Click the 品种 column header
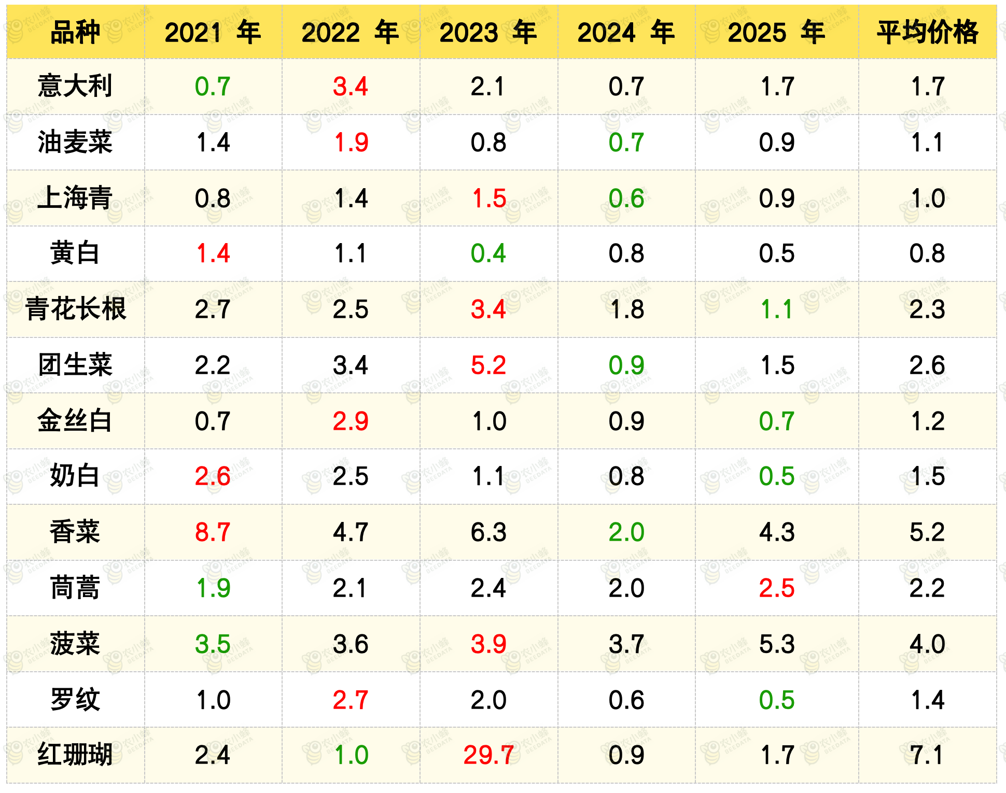[75, 32]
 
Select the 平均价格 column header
[927, 32]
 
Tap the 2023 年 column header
[488, 32]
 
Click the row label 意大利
[75, 86]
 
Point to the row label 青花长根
[76, 309]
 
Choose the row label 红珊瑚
[75, 754]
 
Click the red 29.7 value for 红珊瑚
[488, 755]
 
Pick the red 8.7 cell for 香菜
[213, 532]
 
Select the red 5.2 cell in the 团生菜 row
[488, 365]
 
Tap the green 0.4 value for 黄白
[488, 253]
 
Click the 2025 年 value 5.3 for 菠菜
[777, 644]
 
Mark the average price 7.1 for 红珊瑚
[927, 755]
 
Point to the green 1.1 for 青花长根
[777, 309]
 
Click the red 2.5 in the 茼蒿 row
[777, 588]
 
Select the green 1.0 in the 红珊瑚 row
[351, 755]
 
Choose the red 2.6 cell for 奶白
[213, 476]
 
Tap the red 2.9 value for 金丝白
[351, 421]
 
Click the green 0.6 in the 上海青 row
[626, 198]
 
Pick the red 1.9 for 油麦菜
[351, 142]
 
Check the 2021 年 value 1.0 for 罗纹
[213, 700]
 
